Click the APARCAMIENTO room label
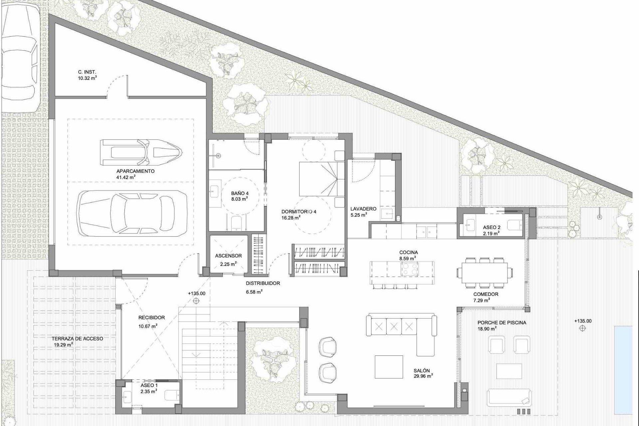tap(131, 171)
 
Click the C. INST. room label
tap(87, 72)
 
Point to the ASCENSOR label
tap(228, 256)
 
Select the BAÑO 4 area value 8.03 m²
tap(240, 199)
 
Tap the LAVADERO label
tap(363, 209)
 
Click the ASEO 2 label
tap(492, 228)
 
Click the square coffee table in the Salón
tap(389, 367)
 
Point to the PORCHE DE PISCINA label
tap(502, 322)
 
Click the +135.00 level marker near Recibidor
tap(196, 294)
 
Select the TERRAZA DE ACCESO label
tap(77, 339)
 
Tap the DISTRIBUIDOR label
tap(263, 284)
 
